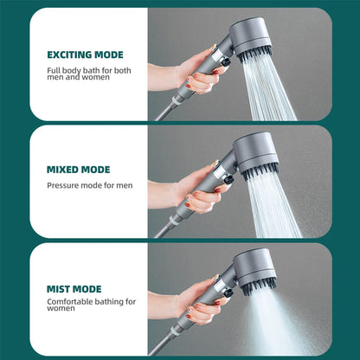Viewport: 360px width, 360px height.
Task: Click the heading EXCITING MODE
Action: pos(86,55)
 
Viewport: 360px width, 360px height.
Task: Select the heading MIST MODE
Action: pos(74,288)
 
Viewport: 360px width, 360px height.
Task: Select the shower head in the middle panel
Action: pos(255,151)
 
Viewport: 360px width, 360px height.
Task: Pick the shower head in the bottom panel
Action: pos(255,267)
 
